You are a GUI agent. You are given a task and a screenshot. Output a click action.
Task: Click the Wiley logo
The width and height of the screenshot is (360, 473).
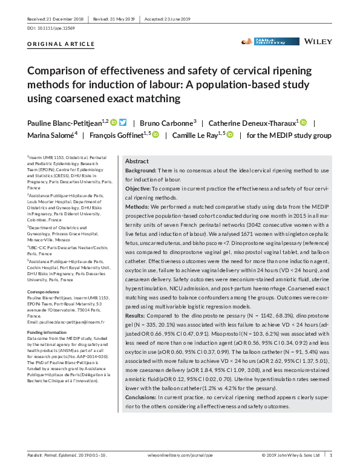317,41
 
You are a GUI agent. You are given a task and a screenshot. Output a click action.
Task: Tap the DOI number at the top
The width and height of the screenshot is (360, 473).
48,28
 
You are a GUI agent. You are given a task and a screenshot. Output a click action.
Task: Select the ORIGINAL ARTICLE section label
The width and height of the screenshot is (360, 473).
61,44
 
